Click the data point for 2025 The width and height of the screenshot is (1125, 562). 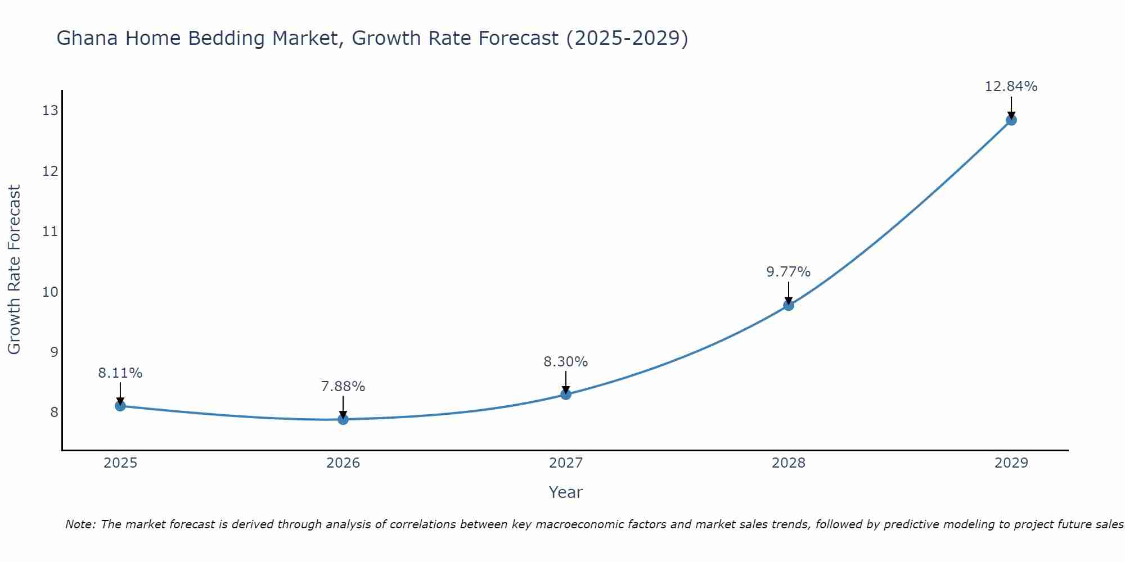pos(120,406)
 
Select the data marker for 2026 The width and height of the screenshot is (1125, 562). pos(343,419)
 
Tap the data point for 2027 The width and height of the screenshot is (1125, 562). pos(566,395)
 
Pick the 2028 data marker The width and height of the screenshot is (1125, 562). pos(789,305)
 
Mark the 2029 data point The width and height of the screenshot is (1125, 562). pos(1011,120)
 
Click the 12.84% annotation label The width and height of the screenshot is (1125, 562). pos(1011,87)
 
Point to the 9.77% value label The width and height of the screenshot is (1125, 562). pos(788,272)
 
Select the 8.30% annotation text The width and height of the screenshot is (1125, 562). pos(565,362)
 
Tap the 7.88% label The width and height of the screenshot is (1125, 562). pos(343,387)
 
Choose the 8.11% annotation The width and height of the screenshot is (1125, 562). pos(120,373)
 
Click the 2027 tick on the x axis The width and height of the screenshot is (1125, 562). pos(566,463)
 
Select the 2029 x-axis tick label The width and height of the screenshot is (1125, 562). pos(1011,463)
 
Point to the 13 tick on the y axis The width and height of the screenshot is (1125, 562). pos(50,111)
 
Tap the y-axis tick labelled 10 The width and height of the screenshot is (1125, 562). pos(50,292)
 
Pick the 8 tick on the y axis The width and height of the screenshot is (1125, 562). pos(54,413)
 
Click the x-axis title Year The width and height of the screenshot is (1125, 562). pos(565,492)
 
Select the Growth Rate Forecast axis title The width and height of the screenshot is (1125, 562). pos(14,270)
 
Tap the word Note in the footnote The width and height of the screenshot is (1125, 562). pos(80,524)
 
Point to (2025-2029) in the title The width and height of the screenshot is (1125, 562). pos(627,39)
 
